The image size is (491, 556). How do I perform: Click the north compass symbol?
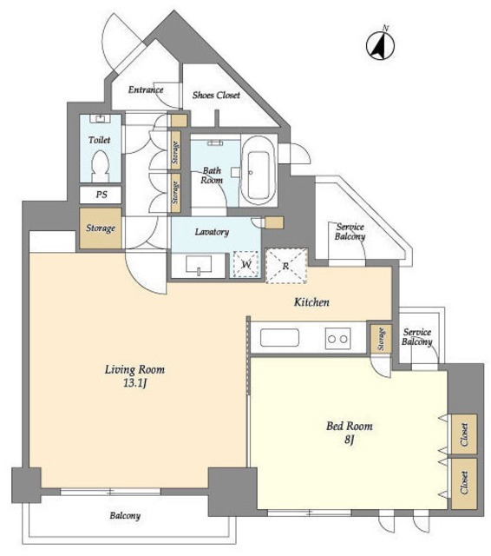click(x=380, y=44)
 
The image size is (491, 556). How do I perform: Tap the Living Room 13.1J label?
click(x=134, y=376)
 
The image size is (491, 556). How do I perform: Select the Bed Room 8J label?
click(x=350, y=433)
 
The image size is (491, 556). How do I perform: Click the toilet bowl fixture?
click(x=100, y=166)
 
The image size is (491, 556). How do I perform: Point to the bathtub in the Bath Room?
click(x=258, y=171)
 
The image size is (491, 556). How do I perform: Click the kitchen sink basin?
click(x=279, y=338)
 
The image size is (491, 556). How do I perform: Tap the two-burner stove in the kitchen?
click(x=337, y=339)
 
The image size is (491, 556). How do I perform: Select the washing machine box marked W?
click(x=246, y=264)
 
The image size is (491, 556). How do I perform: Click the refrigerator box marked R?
click(x=286, y=266)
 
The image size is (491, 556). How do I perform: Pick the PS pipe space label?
click(x=101, y=195)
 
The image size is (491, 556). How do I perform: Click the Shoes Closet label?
click(x=216, y=95)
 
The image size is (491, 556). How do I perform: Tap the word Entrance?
click(x=146, y=89)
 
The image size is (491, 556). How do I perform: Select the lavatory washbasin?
click(x=199, y=265)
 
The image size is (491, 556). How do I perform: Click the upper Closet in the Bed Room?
click(x=464, y=434)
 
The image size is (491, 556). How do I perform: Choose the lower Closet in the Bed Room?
click(x=464, y=483)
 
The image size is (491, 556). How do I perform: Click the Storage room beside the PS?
click(x=101, y=228)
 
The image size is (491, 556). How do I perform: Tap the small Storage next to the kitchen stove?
click(x=381, y=339)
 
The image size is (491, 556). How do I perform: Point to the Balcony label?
click(x=125, y=515)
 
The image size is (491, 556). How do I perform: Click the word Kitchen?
click(x=312, y=302)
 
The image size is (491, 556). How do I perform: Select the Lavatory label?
click(x=212, y=232)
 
